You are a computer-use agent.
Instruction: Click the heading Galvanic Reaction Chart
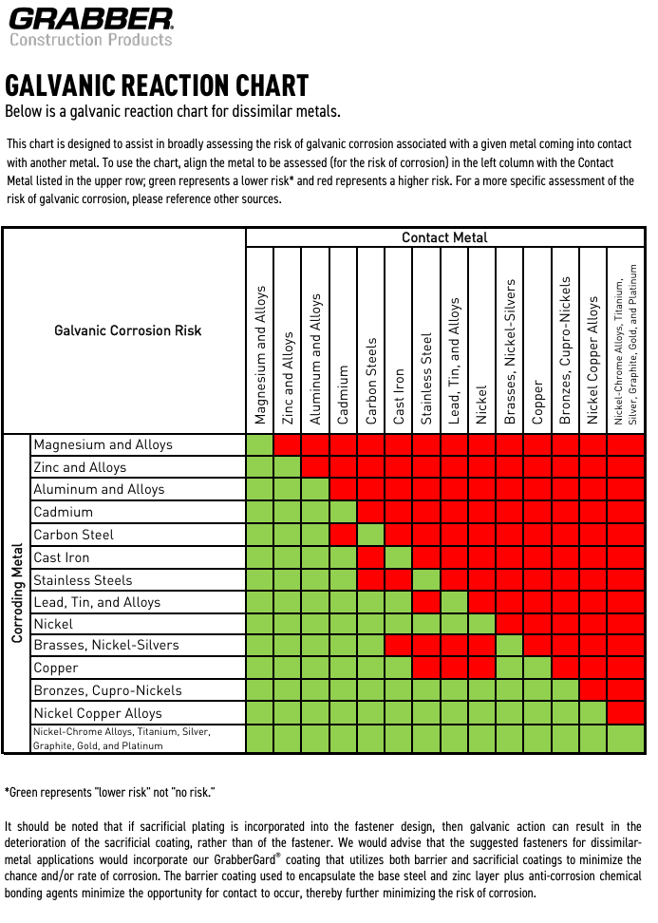tap(157, 85)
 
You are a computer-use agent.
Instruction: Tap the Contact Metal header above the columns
tap(444, 237)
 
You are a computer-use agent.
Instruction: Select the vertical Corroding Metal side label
tap(17, 593)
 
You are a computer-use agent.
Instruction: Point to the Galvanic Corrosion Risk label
tap(127, 330)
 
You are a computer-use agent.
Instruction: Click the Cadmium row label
tap(64, 512)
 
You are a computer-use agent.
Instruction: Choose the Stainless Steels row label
tap(83, 580)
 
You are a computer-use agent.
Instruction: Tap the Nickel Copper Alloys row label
tap(98, 713)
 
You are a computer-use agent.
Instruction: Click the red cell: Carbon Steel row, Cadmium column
tap(344, 535)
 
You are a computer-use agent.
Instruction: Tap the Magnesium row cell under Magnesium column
tap(259, 444)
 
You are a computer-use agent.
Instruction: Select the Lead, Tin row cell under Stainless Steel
tap(427, 602)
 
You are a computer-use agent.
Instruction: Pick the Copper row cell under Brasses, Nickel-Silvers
tap(510, 668)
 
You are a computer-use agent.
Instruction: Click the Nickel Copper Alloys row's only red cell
tap(626, 713)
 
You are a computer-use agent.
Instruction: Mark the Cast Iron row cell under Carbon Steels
tap(371, 557)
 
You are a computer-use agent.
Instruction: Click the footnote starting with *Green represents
tap(110, 792)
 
